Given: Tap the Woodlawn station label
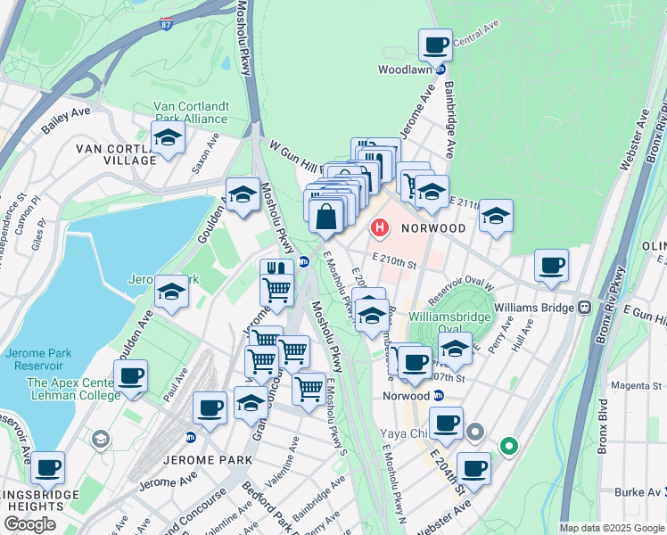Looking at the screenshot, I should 406,69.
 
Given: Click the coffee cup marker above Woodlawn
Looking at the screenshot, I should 435,45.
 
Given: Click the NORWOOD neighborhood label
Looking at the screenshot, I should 433,228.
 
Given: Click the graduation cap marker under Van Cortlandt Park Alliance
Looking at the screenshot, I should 167,138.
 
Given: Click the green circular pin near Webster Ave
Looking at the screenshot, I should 508,444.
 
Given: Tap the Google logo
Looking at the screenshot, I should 29,524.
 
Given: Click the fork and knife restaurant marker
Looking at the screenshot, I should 276,269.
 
